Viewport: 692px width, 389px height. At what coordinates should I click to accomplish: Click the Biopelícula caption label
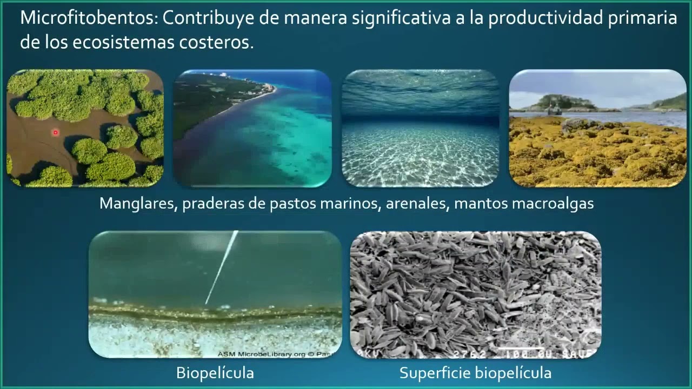click(x=215, y=373)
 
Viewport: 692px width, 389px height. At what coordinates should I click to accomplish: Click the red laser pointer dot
click(x=55, y=132)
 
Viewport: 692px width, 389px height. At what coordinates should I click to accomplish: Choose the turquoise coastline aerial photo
click(x=252, y=128)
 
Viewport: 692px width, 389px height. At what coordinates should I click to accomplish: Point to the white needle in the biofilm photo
click(x=222, y=267)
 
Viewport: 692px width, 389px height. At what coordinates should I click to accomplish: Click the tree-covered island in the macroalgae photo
click(x=562, y=102)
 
